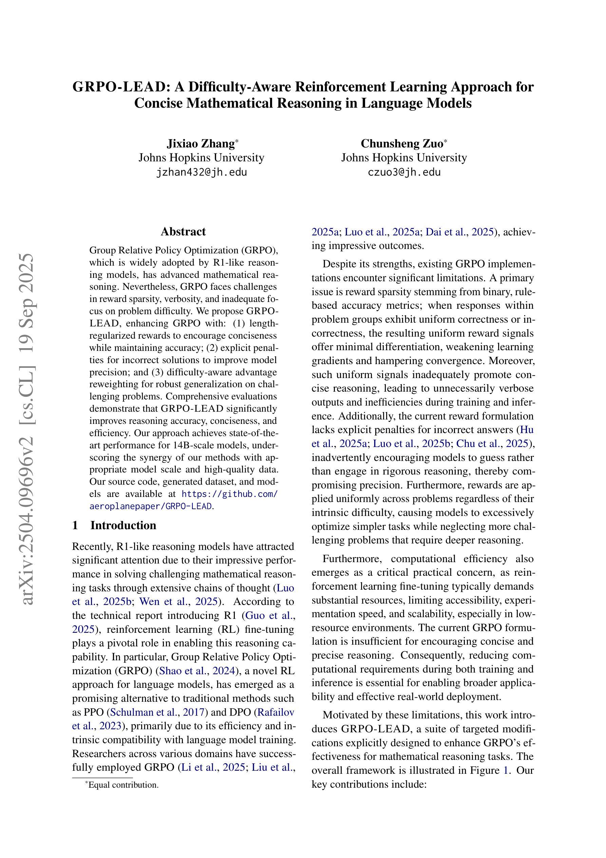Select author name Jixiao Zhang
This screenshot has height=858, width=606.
click(x=200, y=143)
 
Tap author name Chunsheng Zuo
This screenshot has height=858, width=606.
click(x=401, y=143)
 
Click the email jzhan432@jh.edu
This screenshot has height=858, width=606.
click(x=202, y=172)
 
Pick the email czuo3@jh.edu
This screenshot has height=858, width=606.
click(x=404, y=172)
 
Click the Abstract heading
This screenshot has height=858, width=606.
click(x=183, y=231)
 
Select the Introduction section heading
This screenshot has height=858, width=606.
click(x=123, y=525)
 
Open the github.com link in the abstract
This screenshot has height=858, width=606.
click(x=230, y=494)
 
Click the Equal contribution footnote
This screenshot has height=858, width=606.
click(x=123, y=785)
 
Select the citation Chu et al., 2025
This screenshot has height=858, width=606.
click(x=492, y=444)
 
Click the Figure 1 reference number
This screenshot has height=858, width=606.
click(x=506, y=770)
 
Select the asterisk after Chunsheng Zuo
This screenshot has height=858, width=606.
click(x=445, y=141)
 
